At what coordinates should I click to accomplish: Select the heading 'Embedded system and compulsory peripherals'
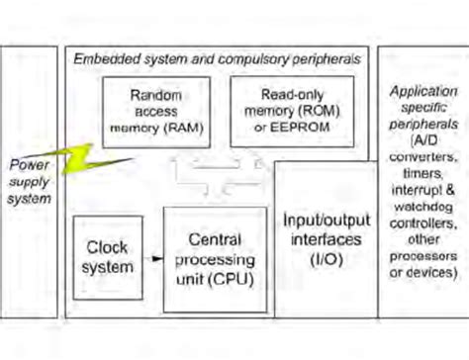click(x=217, y=59)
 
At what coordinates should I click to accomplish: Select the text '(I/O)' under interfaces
click(x=322, y=258)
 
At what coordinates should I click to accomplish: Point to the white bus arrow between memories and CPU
click(x=217, y=178)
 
